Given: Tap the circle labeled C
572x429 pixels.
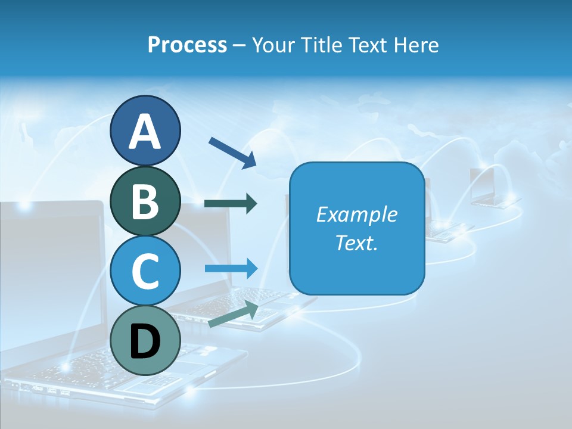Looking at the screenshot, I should pos(145,271).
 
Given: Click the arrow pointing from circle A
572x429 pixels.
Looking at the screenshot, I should pos(232,152).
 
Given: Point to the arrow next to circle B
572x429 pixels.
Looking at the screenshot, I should pos(231,204).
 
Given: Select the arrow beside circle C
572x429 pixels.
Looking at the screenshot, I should pos(231,268).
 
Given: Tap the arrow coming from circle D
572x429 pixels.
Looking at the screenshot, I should pos(234,315).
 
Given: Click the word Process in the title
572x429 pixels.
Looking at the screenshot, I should pos(187,45).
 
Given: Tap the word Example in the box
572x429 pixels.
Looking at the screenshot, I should pos(356,214).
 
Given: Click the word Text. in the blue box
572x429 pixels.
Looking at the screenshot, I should pos(356,243).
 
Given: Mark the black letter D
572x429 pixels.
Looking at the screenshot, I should pos(145,341).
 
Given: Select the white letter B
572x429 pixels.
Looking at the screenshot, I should pos(145,201).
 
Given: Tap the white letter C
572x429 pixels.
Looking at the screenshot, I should pos(145,272).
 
